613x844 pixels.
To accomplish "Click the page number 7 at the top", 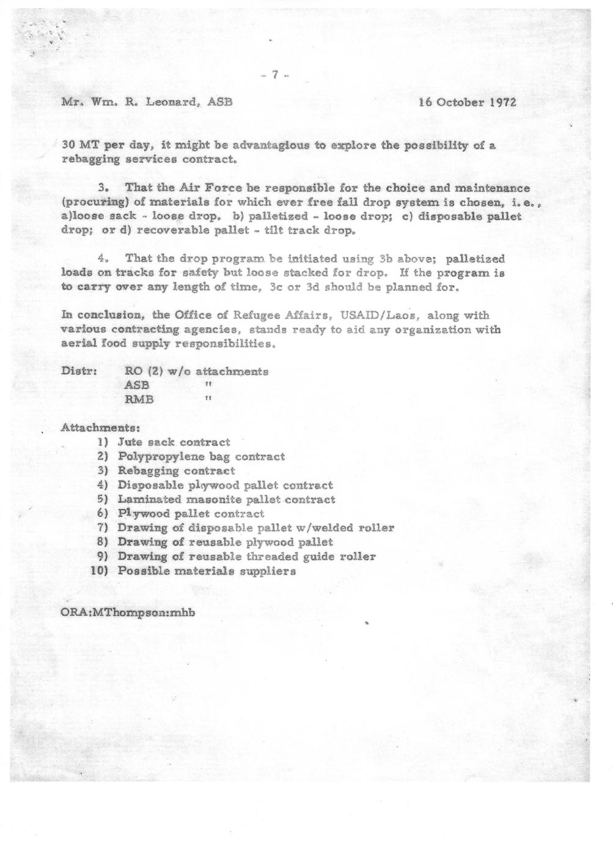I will [x=274, y=75].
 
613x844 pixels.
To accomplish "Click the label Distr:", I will [x=77, y=371].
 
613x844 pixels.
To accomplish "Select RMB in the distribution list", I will [x=139, y=400].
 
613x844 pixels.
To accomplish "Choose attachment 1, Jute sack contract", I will [x=174, y=442].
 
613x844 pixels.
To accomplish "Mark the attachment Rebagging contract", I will [x=176, y=471].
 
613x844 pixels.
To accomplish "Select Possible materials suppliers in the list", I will [x=207, y=571].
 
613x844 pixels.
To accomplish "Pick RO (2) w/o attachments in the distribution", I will [x=196, y=371].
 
